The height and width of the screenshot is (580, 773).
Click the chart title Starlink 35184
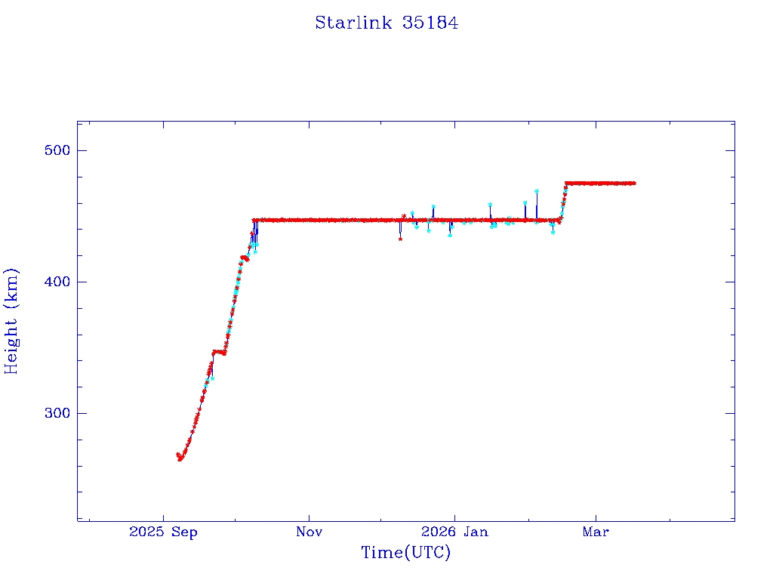(x=386, y=23)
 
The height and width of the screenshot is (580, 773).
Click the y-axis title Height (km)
(x=12, y=321)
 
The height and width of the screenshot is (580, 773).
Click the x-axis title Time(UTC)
(x=405, y=553)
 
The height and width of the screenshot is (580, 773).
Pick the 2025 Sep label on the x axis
(x=163, y=532)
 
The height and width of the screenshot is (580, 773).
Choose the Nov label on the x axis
(x=309, y=532)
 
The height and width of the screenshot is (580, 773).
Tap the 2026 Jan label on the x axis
(x=454, y=532)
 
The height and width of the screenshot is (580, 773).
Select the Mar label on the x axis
(x=596, y=532)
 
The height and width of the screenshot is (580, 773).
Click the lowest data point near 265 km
(x=180, y=458)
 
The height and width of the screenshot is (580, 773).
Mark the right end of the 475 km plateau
(x=634, y=183)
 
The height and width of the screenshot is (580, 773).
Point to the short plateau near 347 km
(x=219, y=351)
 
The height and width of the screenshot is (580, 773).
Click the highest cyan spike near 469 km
(x=537, y=191)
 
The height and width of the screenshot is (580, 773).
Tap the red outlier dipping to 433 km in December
(x=400, y=239)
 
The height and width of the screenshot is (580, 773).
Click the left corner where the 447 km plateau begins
(x=254, y=221)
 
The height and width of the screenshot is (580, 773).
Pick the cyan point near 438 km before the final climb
(x=553, y=232)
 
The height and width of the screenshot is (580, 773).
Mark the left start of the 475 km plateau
(x=567, y=183)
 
